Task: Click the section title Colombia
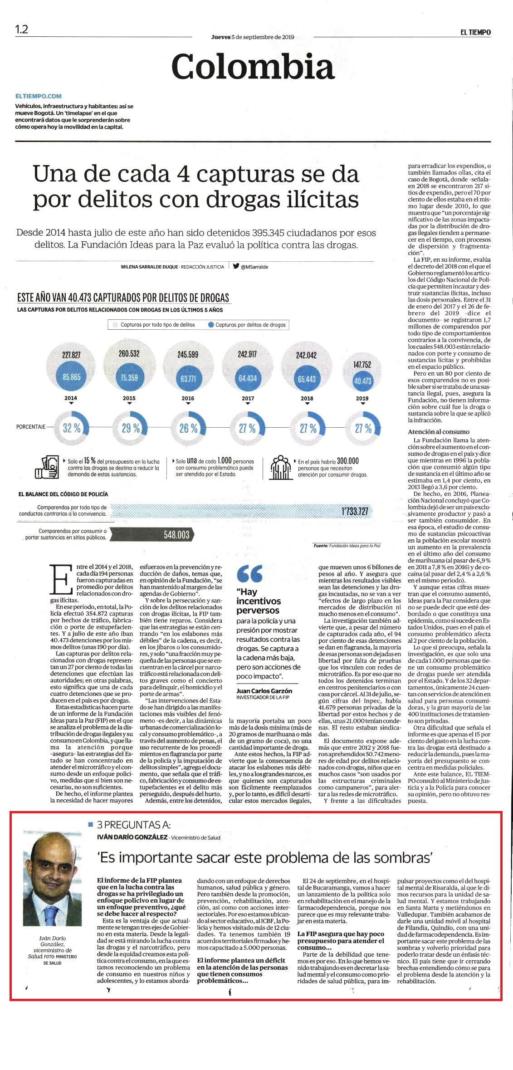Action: click(x=253, y=66)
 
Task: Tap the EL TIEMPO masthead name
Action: click(x=474, y=32)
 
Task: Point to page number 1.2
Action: click(x=21, y=29)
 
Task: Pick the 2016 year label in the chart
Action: click(x=188, y=398)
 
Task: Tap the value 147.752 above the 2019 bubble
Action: click(x=362, y=364)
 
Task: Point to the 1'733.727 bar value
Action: click(x=355, y=512)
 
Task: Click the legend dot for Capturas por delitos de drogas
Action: click(x=211, y=325)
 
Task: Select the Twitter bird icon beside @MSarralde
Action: click(x=236, y=267)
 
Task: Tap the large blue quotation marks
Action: click(x=249, y=574)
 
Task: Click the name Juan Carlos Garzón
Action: click(x=264, y=691)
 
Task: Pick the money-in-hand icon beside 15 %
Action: click(x=49, y=466)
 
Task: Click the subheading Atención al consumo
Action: click(x=439, y=432)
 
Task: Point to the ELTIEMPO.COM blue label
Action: click(x=39, y=96)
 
